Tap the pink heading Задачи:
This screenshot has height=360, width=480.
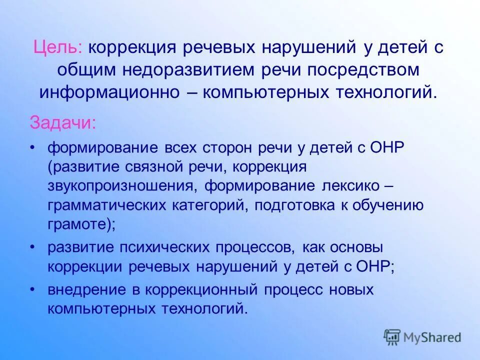[63, 122]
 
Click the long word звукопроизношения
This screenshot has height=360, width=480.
[118, 186]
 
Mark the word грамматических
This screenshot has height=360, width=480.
[104, 205]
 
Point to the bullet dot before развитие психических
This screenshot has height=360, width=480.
[32, 247]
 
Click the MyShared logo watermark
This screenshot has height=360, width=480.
[422, 337]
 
